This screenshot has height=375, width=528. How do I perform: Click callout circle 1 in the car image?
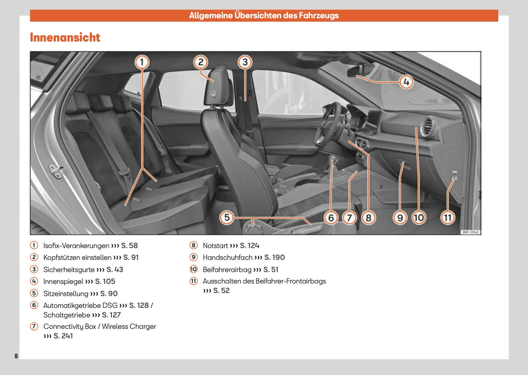coord(142,62)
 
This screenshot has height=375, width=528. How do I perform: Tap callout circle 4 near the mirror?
coord(406,82)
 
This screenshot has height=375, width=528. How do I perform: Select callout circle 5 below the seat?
coord(227,218)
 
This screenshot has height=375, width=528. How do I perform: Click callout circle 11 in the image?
coord(448,218)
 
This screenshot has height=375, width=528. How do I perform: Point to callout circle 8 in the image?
coord(368,218)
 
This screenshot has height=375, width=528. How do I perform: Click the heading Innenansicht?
coord(65,37)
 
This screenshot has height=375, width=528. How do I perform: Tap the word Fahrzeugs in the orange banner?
coord(319,16)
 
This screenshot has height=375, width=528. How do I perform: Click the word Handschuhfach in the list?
coord(227,258)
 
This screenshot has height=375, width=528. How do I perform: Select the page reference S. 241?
coord(63,336)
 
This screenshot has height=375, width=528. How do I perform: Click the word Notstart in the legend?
coord(215,246)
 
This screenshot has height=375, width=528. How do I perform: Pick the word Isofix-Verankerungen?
coord(76,246)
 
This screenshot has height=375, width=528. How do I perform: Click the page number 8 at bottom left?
coord(16,356)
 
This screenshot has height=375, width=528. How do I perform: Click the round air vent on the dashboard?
coord(427,127)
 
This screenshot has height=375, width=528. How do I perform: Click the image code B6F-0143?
coord(470,232)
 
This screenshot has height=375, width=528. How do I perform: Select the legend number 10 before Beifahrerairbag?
coord(194,269)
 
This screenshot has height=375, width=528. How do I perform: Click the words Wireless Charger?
coord(129,327)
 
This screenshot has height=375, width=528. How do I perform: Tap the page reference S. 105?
coord(105,282)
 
